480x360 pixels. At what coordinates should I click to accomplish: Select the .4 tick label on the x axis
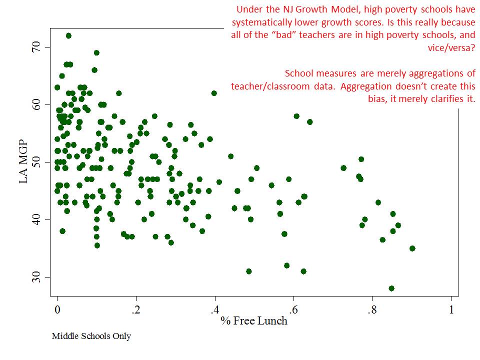pos(214,308)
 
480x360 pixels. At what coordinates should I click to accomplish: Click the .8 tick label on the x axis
pos(372,308)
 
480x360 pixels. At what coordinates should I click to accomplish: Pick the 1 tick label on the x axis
pos(451,308)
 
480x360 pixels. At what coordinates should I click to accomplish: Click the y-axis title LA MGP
pos(23,162)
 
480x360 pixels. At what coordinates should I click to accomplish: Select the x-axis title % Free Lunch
pos(254,320)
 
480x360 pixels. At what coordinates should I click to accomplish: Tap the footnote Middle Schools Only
pos(91,336)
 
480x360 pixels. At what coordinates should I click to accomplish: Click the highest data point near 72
pos(68,35)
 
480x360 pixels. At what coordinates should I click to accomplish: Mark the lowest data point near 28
pos(391,288)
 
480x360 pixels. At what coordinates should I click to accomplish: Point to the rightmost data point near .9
pos(412,248)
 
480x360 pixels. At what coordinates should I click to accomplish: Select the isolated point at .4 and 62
pos(214,93)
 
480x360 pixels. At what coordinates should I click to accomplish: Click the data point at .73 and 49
pos(343,168)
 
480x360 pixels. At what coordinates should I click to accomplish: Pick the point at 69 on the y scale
pos(96,52)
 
